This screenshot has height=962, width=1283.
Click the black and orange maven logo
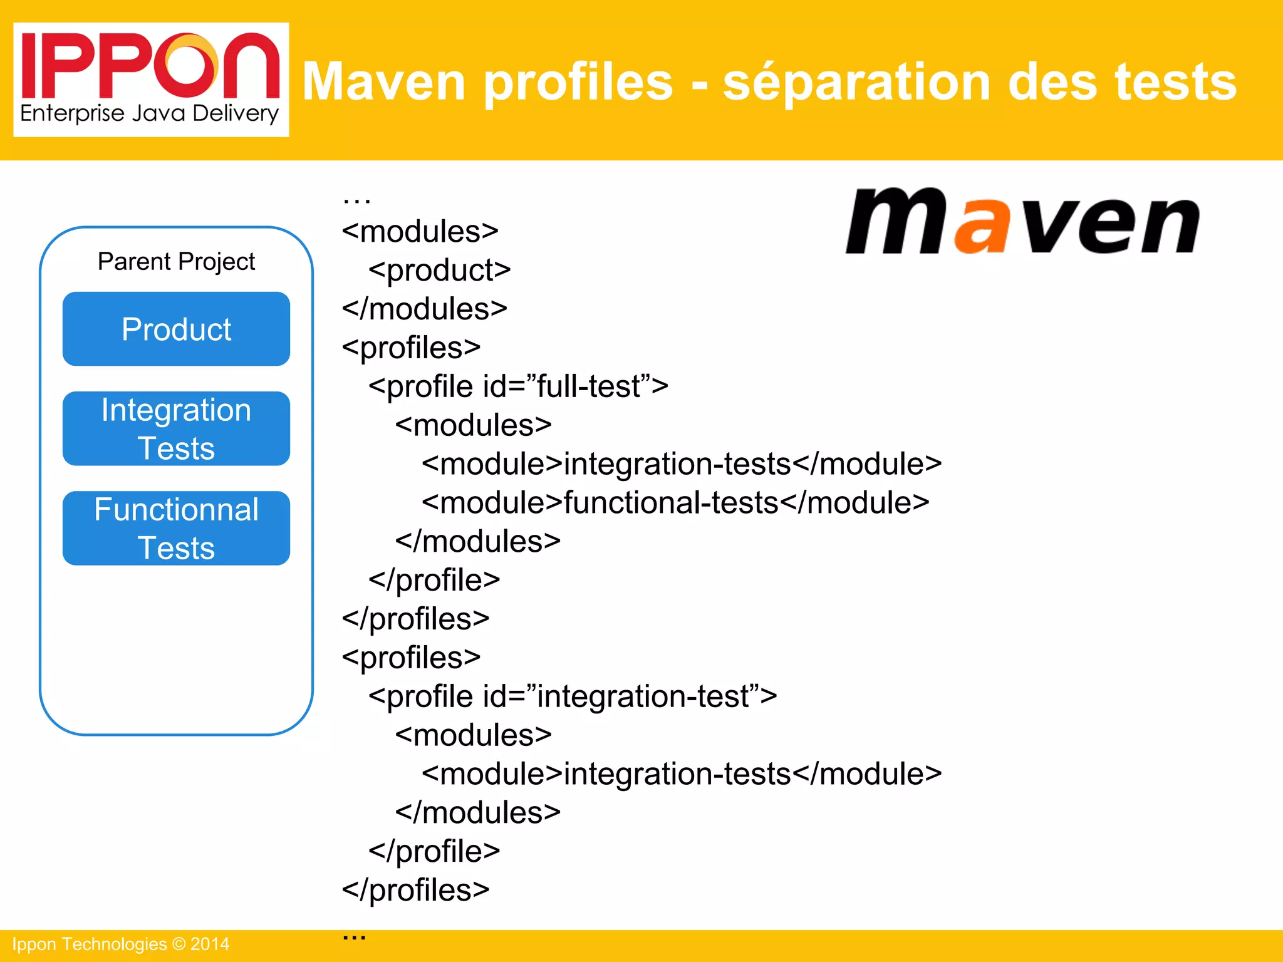(1022, 222)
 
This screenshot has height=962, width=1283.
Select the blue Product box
(176, 329)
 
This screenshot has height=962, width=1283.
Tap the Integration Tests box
(176, 429)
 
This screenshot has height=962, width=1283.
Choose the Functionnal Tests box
(176, 529)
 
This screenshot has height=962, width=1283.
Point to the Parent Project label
(176, 261)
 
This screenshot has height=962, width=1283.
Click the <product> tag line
(440, 271)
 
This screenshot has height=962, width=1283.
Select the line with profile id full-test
(519, 386)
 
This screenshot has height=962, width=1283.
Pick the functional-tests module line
(675, 503)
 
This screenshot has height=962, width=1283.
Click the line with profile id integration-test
(573, 696)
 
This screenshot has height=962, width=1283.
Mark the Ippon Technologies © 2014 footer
(121, 944)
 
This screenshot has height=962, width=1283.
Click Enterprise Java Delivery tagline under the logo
(149, 113)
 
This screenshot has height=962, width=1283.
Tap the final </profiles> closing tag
(416, 890)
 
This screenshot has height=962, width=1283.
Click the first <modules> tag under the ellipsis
(420, 232)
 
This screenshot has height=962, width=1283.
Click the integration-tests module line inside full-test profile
(682, 464)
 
